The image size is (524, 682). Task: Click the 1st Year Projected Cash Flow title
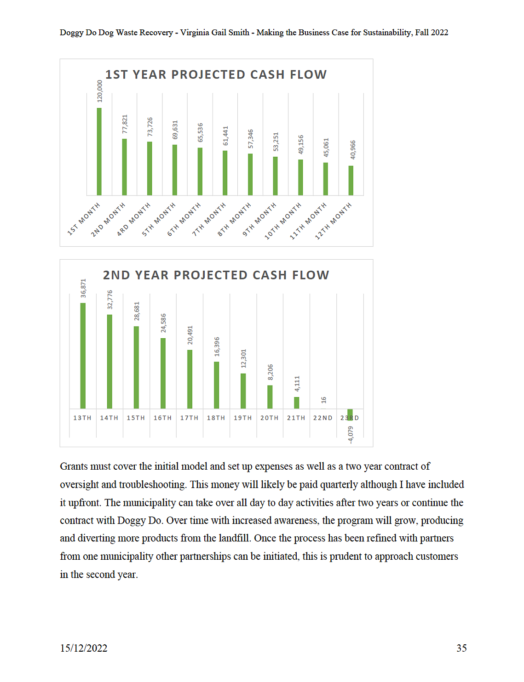216,74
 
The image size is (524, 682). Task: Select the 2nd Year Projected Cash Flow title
216,275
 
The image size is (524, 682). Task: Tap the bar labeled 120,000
99,152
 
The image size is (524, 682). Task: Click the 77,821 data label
125,124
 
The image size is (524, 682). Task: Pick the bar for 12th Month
351,181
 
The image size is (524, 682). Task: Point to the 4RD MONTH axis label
133,219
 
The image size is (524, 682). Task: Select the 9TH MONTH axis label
259,219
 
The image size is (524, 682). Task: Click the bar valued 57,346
250,175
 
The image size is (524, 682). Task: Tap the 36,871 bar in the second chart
83,356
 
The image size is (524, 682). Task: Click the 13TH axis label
82,418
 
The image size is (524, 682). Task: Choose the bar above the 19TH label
243,391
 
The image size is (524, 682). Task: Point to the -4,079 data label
351,435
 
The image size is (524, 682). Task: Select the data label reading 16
324,400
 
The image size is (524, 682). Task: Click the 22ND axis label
322,418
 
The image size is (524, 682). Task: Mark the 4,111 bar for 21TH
297,403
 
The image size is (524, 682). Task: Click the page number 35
461,648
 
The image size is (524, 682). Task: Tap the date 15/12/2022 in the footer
84,648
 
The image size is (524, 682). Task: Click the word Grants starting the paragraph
74,466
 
